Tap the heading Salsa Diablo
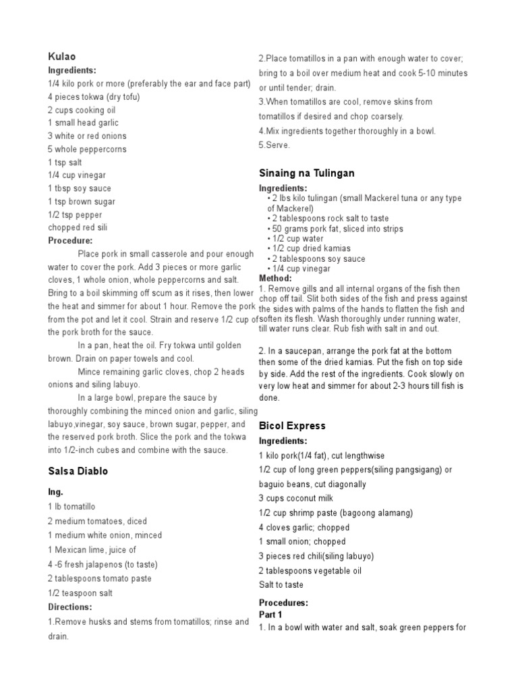click(78, 471)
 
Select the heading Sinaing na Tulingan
click(307, 173)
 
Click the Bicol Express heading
click(292, 426)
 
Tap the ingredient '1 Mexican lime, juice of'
click(92, 550)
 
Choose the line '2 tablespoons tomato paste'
click(99, 578)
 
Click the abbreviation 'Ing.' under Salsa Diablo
click(55, 493)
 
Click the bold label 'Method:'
click(275, 278)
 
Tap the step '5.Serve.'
click(275, 145)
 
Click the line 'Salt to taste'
click(281, 585)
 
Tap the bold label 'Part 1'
click(270, 615)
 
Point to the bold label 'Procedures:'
click(283, 603)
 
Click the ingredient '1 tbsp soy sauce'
click(80, 188)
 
